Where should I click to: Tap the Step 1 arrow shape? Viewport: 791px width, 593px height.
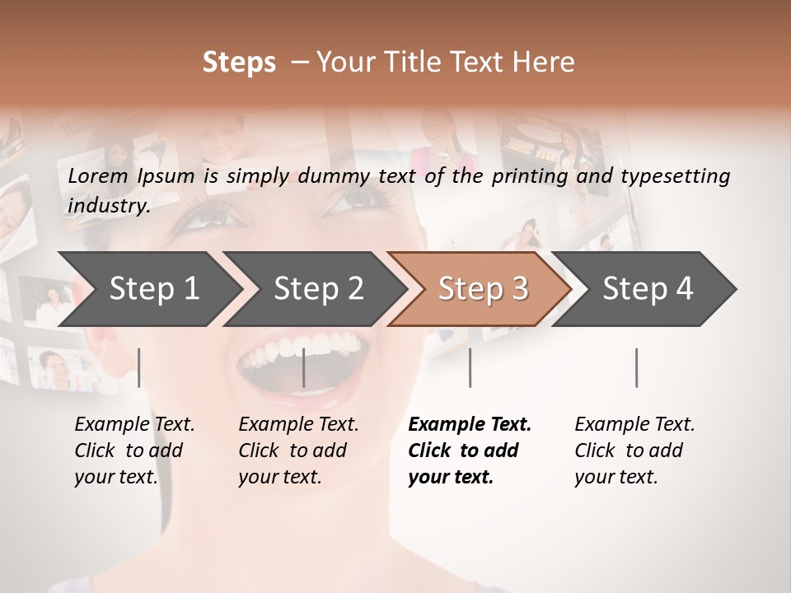(148, 289)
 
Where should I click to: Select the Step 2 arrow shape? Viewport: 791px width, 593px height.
(313, 289)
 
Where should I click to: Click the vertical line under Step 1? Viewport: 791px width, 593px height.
(139, 367)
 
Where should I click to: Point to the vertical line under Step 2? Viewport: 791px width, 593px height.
(304, 367)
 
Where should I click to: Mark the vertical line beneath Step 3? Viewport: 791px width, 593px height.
(470, 367)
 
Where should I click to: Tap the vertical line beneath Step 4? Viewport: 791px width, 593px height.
(637, 367)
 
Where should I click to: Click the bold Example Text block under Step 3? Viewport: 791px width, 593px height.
(469, 451)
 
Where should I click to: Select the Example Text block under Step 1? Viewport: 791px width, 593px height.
(134, 451)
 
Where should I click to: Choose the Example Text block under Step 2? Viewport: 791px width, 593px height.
(298, 451)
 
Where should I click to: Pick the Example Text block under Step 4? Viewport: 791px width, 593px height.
(634, 451)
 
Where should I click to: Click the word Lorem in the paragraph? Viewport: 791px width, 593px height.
(98, 176)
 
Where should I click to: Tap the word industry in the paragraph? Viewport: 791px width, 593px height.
(108, 206)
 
